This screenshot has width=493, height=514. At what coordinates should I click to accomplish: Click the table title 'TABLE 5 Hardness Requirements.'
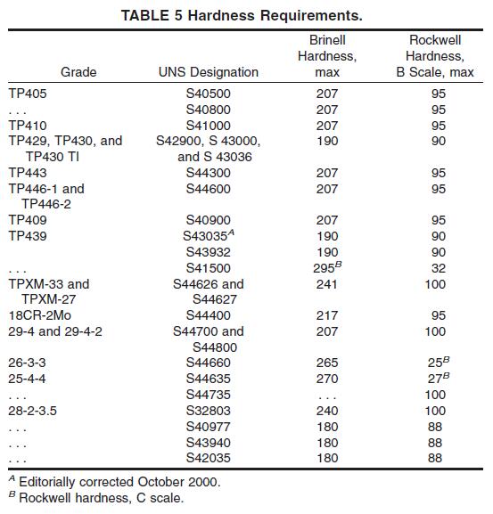(x=242, y=15)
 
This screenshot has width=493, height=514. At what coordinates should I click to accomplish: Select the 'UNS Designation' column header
(x=209, y=72)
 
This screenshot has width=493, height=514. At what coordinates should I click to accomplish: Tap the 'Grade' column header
(x=78, y=72)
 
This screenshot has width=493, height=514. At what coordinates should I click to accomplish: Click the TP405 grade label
(x=28, y=94)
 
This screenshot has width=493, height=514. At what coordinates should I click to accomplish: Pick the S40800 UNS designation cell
(x=209, y=110)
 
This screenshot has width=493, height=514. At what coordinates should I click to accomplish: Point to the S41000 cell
(x=209, y=126)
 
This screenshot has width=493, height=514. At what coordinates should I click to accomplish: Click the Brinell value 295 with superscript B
(x=327, y=267)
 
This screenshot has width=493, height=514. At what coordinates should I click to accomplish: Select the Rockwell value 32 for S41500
(x=439, y=268)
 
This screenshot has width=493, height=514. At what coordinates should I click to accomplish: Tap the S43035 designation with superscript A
(x=209, y=235)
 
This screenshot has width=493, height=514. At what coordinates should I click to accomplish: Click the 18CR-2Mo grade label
(x=40, y=315)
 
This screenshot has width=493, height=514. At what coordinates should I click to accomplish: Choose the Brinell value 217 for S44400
(x=327, y=315)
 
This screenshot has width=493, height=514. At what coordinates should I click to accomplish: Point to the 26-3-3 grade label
(x=27, y=363)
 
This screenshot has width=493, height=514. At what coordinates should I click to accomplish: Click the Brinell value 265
(x=327, y=363)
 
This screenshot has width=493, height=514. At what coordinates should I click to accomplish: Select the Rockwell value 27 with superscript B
(x=439, y=379)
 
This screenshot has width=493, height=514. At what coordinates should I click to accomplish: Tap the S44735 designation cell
(x=209, y=395)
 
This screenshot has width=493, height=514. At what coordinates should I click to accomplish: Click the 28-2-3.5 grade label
(x=32, y=411)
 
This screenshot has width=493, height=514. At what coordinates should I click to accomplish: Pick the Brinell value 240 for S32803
(x=327, y=411)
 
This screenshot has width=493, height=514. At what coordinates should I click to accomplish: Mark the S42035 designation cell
(x=209, y=458)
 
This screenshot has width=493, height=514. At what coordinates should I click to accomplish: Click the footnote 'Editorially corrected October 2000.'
(x=119, y=482)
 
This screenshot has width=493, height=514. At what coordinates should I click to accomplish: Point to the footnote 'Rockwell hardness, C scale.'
(x=102, y=498)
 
